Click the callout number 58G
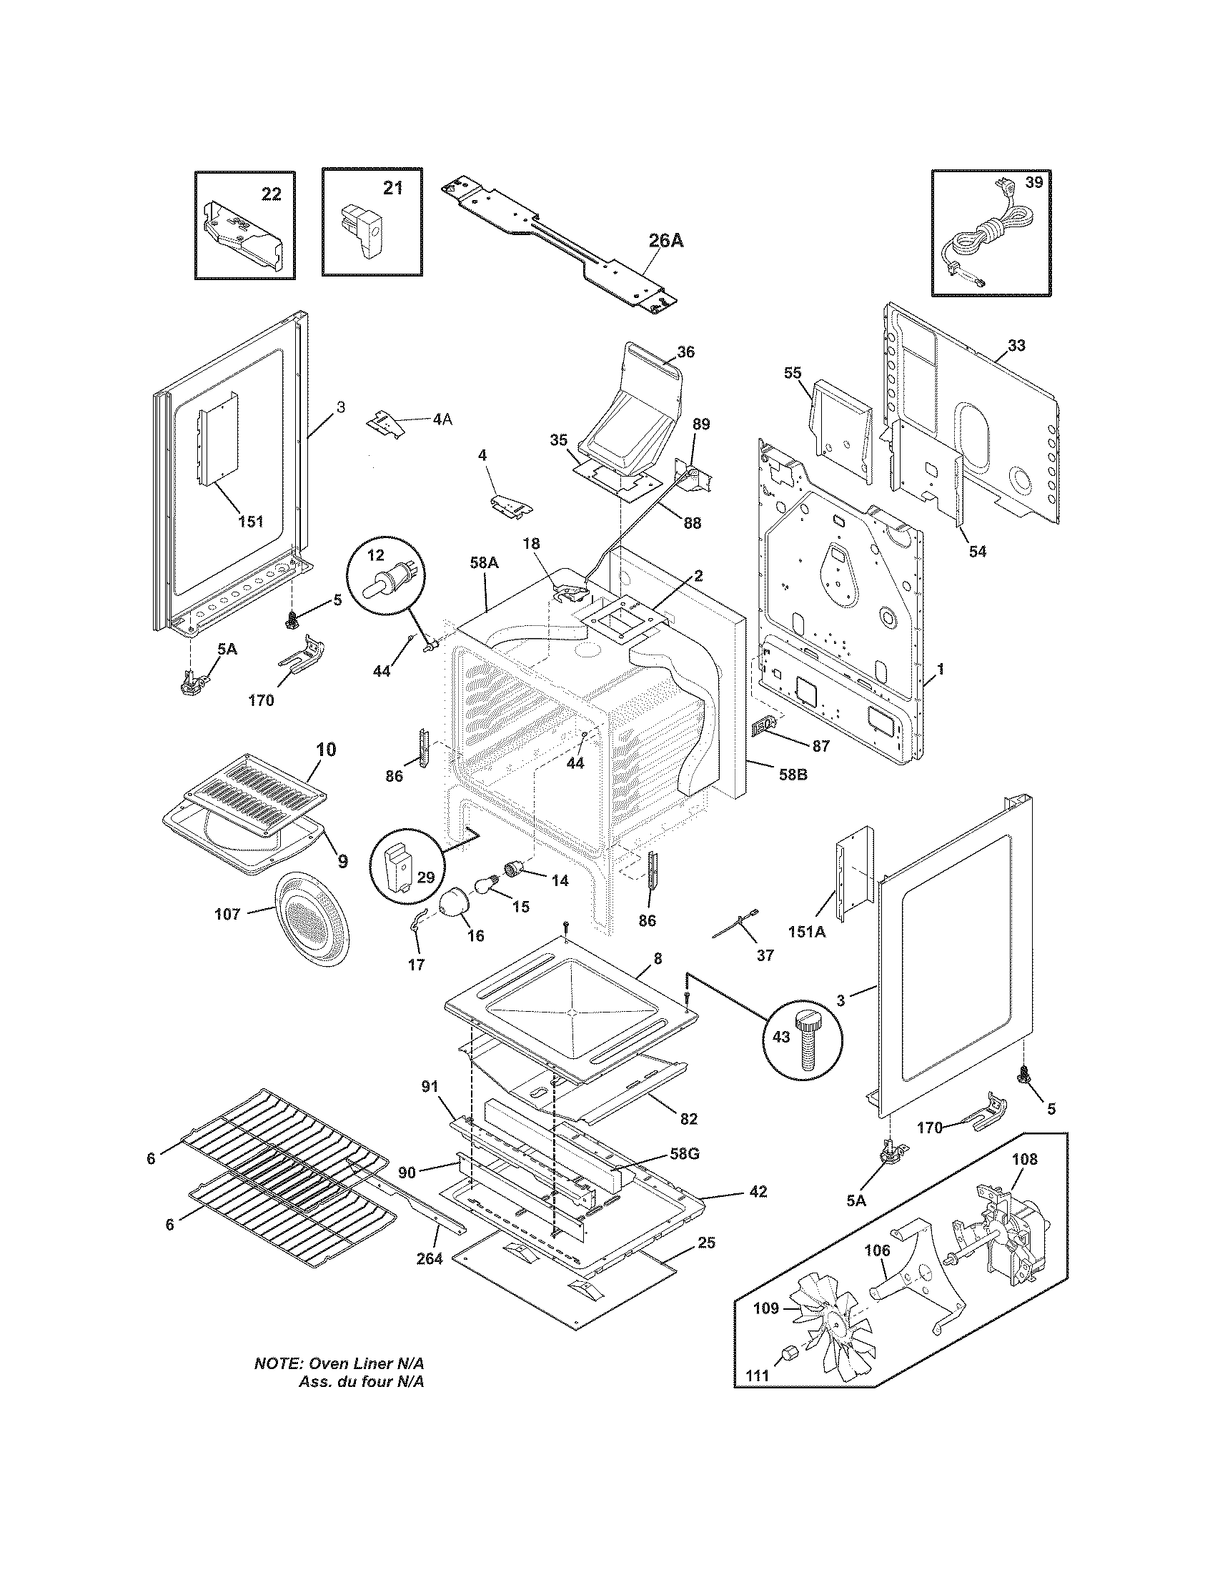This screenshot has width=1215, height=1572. click(684, 1154)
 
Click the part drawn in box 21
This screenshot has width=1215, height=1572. click(365, 230)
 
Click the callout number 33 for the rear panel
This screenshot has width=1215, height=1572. click(1016, 346)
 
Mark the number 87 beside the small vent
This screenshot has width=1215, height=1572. click(820, 746)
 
